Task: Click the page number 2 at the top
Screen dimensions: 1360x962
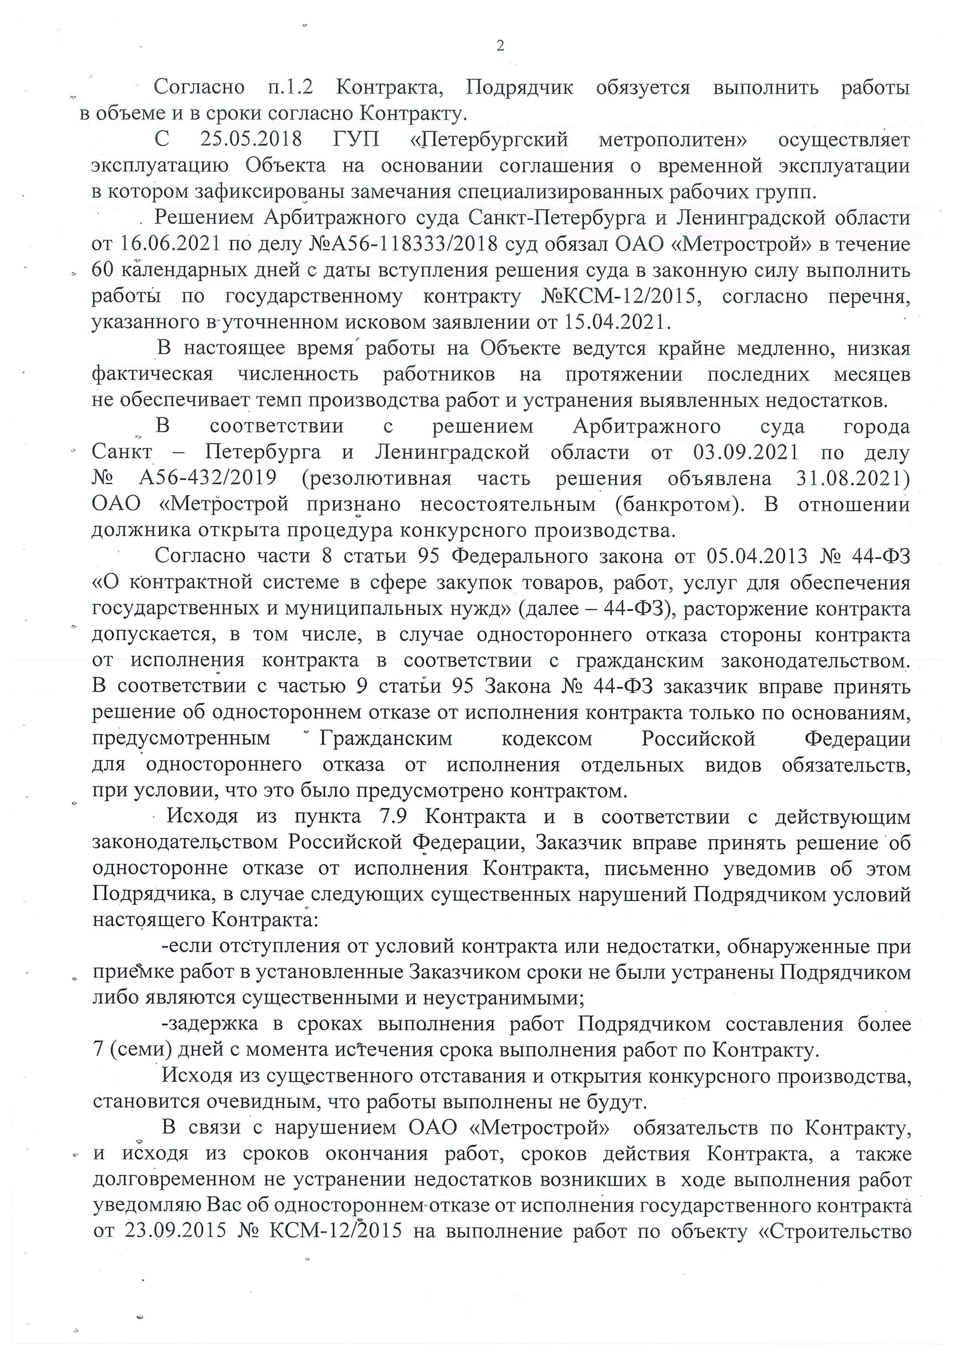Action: (x=500, y=46)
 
